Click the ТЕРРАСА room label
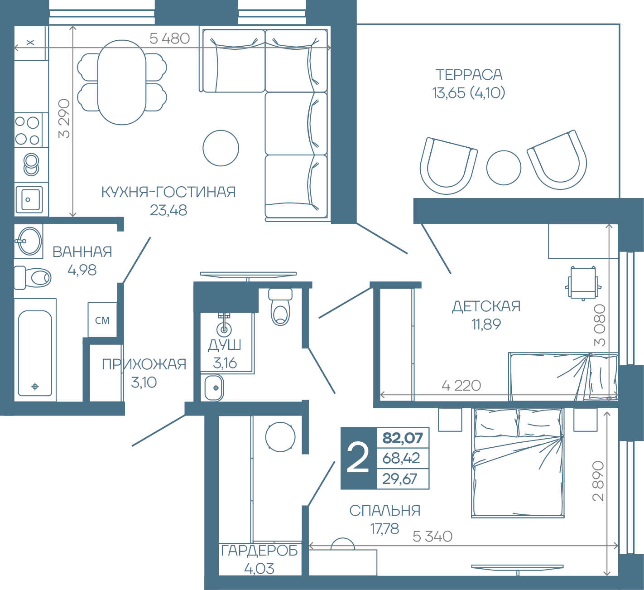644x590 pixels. coord(469,75)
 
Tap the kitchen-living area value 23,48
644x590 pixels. coord(168,210)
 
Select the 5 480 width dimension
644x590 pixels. coord(169,39)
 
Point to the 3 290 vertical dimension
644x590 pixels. coord(64,118)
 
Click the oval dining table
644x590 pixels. coord(122,82)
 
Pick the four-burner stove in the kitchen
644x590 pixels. coord(28,130)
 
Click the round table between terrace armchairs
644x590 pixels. coord(504,168)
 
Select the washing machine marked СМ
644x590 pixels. coord(102,320)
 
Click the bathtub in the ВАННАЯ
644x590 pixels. coord(35,353)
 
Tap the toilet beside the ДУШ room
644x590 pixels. coord(280,307)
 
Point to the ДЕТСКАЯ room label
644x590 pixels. coord(486,307)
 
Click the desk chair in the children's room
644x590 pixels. coord(583,283)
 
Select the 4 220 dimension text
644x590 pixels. coord(461,386)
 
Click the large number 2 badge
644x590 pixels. coord(358,458)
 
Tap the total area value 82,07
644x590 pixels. coord(403,438)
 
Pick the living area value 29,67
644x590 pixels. coord(400,479)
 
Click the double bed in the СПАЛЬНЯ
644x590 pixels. coord(518,464)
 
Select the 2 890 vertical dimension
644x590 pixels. coord(598,481)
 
